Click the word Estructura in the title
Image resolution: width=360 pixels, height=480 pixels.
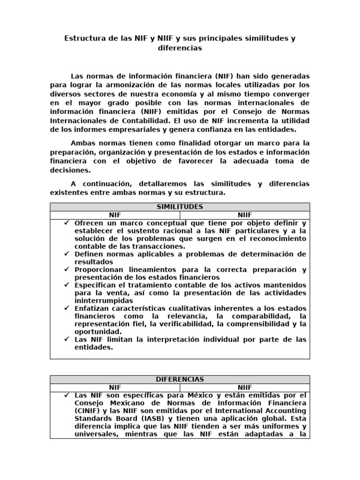[84, 38]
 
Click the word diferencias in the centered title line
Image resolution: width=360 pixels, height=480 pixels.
[180, 48]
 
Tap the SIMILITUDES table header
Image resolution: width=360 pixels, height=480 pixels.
[180, 207]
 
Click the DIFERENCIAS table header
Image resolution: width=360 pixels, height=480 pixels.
[180, 379]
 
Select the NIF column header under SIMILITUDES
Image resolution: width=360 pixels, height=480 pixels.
[115, 215]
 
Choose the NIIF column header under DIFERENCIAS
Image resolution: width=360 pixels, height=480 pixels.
[245, 387]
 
